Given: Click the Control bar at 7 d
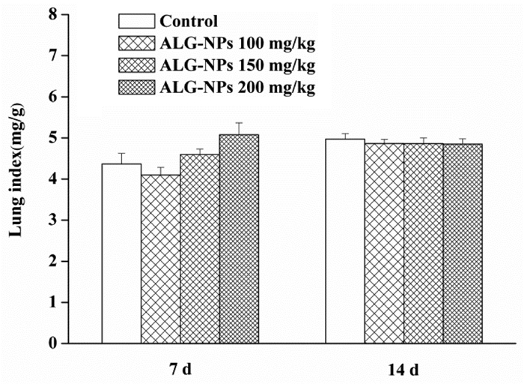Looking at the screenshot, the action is coord(121,253).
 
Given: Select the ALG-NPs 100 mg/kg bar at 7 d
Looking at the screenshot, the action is coord(161,259).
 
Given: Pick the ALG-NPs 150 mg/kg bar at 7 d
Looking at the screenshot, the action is coord(200,249).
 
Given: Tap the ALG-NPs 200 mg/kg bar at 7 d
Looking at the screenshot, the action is coord(239,239).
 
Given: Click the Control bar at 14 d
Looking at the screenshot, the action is coord(345,241).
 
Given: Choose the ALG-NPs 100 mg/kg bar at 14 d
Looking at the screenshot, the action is coord(384,244).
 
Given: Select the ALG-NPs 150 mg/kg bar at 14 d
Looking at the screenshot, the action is coord(424,244).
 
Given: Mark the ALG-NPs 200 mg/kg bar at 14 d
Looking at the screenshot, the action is coord(463,244).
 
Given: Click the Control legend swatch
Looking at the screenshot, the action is coord(137,21).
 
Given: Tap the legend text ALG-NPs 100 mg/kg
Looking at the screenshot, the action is coord(237,43).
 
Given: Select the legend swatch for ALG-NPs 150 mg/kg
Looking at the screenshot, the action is coord(137,65).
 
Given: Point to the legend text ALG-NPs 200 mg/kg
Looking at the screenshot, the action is coord(237,88).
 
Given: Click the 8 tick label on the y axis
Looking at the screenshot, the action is coord(53,14).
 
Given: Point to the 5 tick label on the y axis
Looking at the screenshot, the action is coord(53,138).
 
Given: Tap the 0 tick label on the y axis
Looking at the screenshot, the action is coord(53,343).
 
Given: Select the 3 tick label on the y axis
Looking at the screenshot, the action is coord(53,220).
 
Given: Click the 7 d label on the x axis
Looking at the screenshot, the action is coord(180,370).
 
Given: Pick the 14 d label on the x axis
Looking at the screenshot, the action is coord(403,370).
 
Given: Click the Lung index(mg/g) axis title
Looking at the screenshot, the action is coord(16,172).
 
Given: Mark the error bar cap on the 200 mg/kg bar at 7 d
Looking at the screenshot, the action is coord(239,123).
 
